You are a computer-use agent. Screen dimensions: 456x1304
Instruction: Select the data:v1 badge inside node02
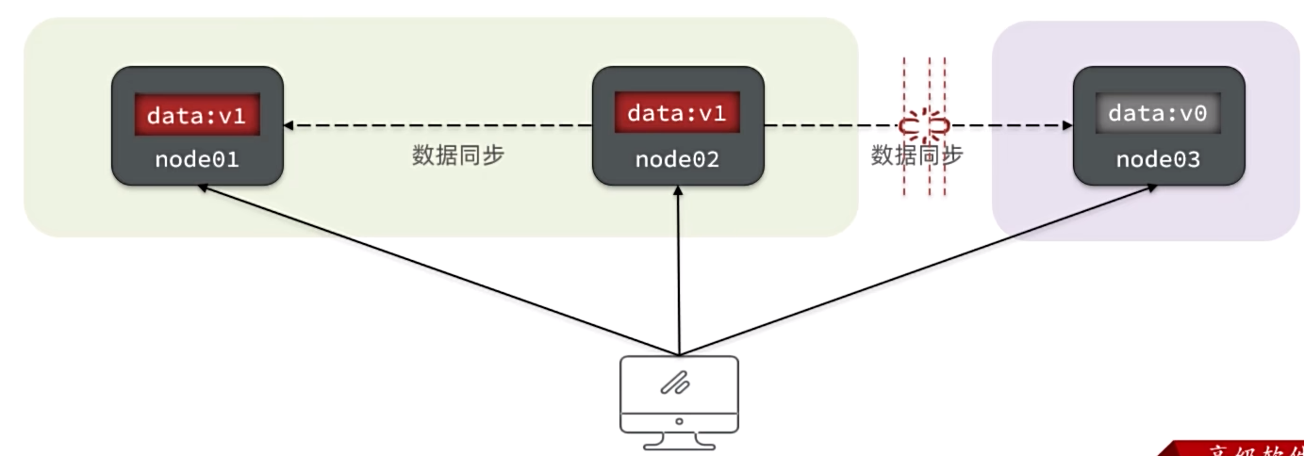pyautogui.click(x=677, y=114)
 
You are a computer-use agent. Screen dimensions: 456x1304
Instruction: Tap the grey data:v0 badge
pyautogui.click(x=1158, y=114)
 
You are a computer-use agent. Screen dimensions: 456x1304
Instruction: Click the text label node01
pyautogui.click(x=196, y=159)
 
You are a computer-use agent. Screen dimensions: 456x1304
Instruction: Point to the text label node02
pyautogui.click(x=677, y=159)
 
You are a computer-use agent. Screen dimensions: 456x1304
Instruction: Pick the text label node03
pyautogui.click(x=1158, y=159)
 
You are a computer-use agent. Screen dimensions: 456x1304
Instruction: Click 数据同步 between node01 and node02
pyautogui.click(x=458, y=155)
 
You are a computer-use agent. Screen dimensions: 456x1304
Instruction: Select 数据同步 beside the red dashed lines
pyautogui.click(x=916, y=155)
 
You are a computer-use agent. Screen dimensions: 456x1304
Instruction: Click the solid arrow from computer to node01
pyautogui.click(x=434, y=268)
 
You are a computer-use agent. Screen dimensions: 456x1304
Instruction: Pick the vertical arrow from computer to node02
pyautogui.click(x=678, y=273)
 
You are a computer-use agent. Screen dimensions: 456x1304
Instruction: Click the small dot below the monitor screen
pyautogui.click(x=678, y=421)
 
